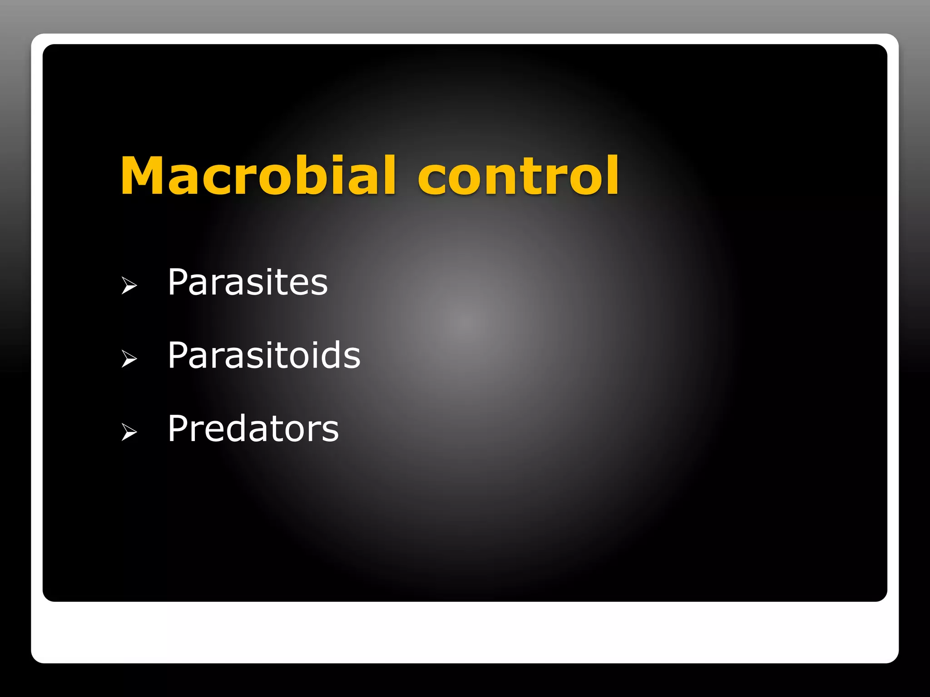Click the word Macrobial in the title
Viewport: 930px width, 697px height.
click(258, 176)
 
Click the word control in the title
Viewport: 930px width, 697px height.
click(518, 176)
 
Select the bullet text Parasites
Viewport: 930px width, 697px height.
click(247, 282)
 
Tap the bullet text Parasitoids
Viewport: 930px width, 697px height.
click(264, 355)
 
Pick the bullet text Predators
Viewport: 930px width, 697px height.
click(253, 429)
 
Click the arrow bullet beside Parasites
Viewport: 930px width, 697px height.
click(129, 285)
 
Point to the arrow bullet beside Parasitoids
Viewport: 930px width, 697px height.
click(129, 358)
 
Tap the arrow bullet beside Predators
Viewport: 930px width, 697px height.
click(129, 432)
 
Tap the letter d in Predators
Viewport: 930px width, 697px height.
click(238, 428)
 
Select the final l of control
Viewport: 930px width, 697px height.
click(613, 175)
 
